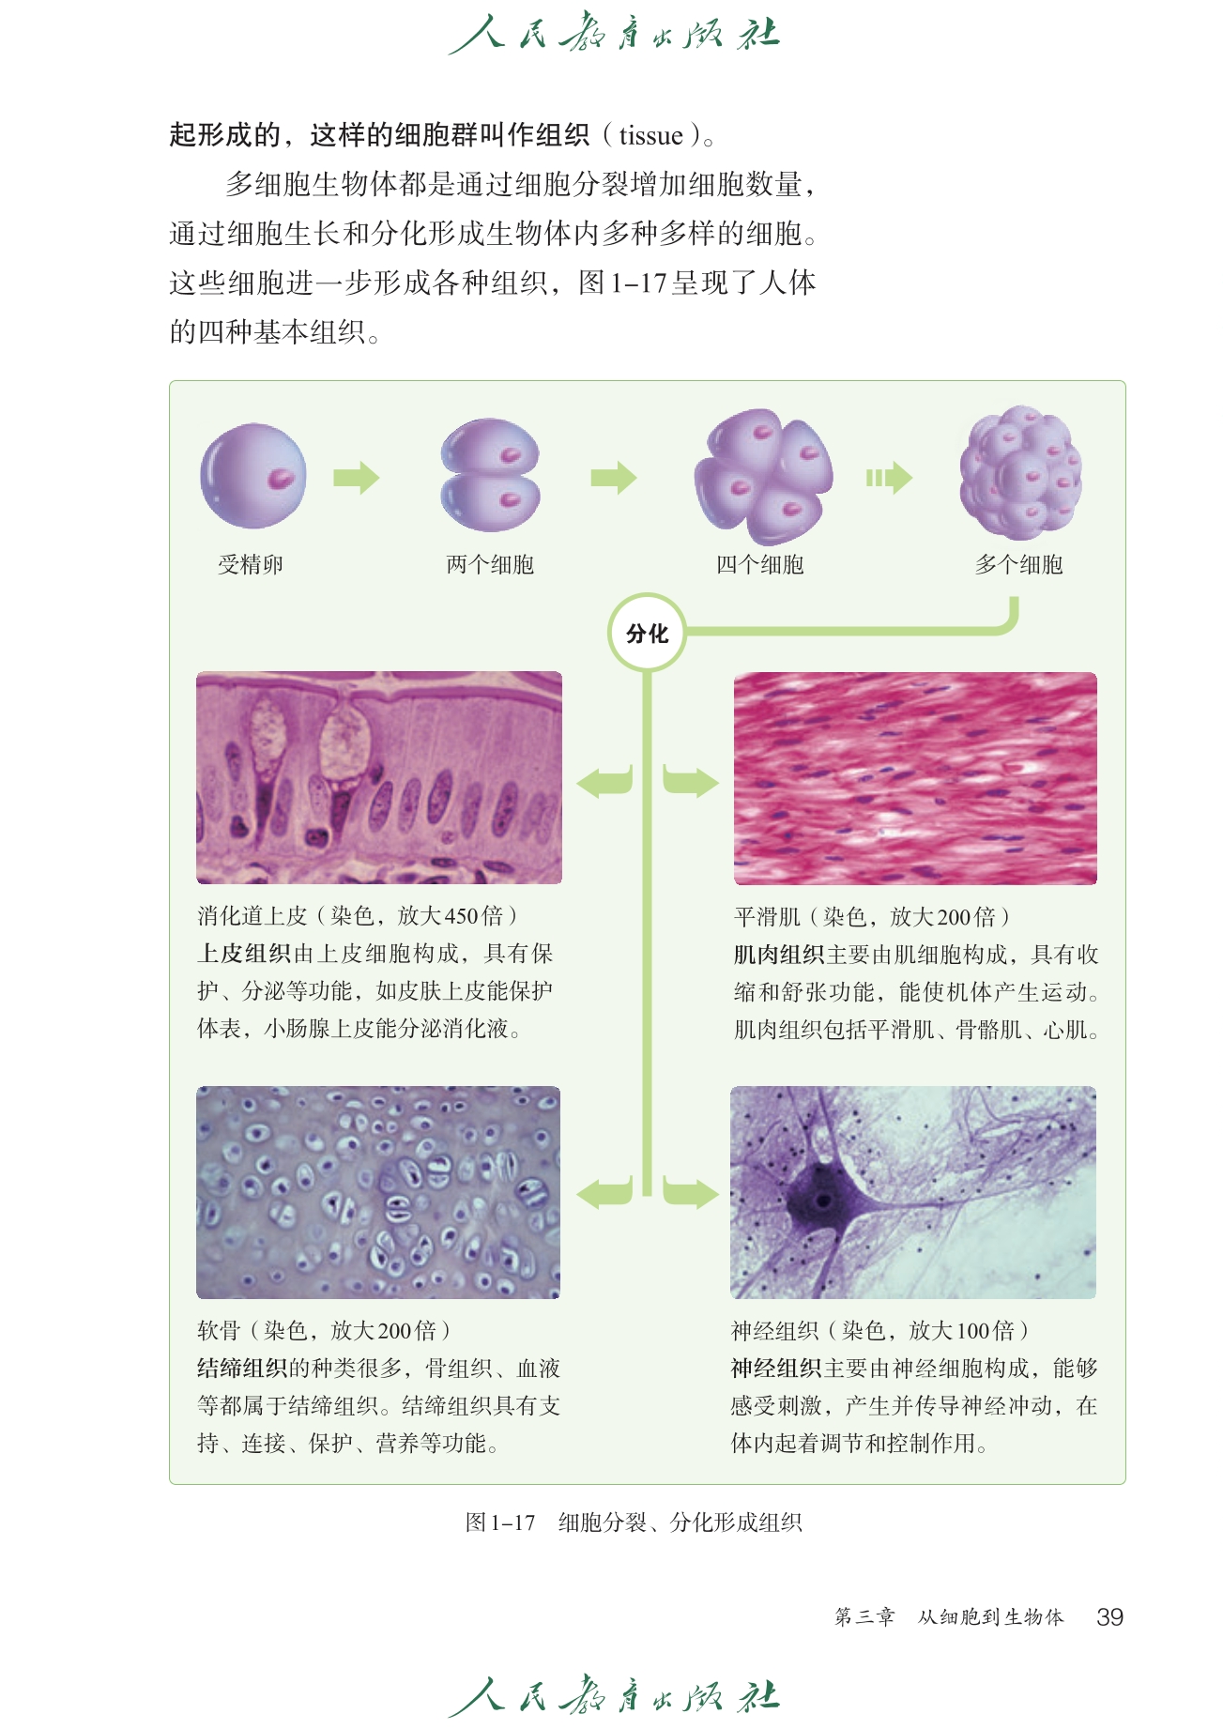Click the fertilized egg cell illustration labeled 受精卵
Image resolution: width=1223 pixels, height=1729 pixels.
(253, 476)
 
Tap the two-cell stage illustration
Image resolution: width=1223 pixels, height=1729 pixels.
(490, 475)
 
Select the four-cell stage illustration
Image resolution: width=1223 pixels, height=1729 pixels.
(763, 476)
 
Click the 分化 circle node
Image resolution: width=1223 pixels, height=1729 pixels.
(647, 633)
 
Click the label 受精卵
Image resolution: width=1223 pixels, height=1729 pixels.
(251, 564)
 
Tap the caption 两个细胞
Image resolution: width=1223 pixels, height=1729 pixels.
(490, 564)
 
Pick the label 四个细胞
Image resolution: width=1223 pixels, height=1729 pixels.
(760, 564)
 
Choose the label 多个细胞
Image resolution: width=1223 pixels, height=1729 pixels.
(1019, 564)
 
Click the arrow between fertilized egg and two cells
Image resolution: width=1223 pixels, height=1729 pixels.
(357, 478)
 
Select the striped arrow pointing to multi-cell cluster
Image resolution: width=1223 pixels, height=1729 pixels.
(889, 478)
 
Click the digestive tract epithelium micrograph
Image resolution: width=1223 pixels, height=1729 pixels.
(379, 777)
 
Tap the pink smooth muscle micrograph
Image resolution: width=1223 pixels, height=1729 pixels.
(915, 778)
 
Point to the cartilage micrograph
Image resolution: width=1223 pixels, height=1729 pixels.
(378, 1192)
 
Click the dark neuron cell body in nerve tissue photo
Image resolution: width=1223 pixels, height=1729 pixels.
(823, 1200)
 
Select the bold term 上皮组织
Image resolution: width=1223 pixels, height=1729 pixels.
(244, 954)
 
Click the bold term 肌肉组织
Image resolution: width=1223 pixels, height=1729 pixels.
(778, 955)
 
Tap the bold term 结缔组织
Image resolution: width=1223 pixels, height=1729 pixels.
(242, 1369)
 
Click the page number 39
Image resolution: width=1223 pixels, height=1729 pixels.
(1109, 1616)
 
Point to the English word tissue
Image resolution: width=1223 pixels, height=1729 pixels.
(650, 136)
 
